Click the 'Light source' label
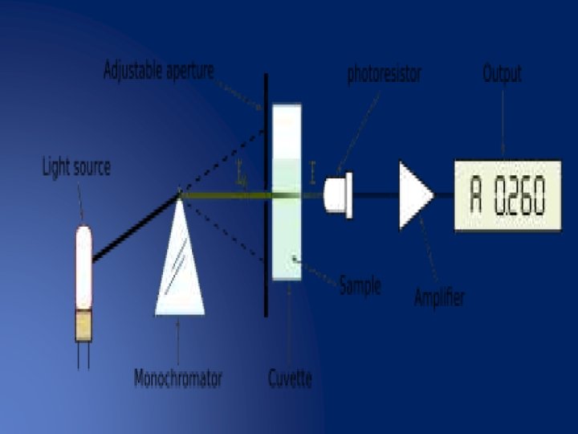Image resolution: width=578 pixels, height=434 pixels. pos(76,168)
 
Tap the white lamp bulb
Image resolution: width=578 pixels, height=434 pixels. pos(83,265)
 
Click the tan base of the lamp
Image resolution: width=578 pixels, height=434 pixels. pos(83,325)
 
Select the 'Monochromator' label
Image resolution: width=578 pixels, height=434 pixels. pos(177,378)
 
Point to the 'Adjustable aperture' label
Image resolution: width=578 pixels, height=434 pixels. pos(159,71)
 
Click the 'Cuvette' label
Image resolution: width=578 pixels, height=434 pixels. pos(289,378)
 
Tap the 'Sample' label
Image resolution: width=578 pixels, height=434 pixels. pos(360,285)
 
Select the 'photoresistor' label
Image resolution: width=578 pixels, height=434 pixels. pos(384,74)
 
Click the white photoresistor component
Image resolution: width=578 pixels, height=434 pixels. pos(338,194)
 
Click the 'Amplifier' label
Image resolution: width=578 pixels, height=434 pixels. pos(439,297)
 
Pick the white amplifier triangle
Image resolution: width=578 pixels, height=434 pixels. pos(413,194)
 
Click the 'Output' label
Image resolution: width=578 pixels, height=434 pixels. pos(502,74)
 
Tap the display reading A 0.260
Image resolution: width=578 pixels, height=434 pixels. pos(507,195)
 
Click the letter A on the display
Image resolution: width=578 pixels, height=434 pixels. pos(476,195)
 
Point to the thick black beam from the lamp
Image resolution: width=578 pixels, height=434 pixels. pos(135,228)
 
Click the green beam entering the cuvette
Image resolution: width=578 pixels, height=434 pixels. pos(229,194)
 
